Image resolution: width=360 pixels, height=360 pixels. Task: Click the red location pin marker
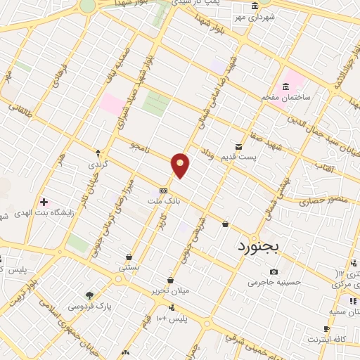(x=181, y=165)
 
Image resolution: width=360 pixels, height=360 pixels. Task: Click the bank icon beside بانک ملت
(x=163, y=190)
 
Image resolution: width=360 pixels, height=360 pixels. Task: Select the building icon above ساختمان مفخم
(x=285, y=86)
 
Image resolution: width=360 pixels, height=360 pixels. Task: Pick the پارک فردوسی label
(x=89, y=307)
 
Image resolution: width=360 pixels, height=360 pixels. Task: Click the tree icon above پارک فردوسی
(x=89, y=295)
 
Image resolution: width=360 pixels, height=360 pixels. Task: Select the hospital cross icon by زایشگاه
(x=44, y=202)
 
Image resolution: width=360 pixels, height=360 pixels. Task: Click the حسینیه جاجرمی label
(x=274, y=283)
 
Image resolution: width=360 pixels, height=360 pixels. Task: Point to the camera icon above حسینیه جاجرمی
(x=274, y=272)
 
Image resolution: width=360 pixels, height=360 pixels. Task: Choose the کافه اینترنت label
(x=326, y=340)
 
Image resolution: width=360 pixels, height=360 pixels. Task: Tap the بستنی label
(x=129, y=268)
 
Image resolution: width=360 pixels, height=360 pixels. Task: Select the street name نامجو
(x=141, y=146)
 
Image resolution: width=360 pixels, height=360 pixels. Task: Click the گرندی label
(x=98, y=164)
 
